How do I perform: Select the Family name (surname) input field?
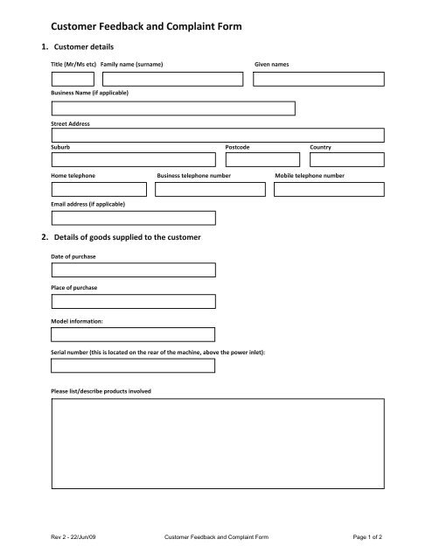(172, 80)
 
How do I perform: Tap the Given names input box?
(318, 80)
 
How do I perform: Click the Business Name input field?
(173, 108)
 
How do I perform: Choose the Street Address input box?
(218, 136)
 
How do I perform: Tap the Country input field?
(346, 160)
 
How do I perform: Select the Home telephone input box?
(99, 189)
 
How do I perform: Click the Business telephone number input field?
(210, 189)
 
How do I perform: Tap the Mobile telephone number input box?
(329, 189)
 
